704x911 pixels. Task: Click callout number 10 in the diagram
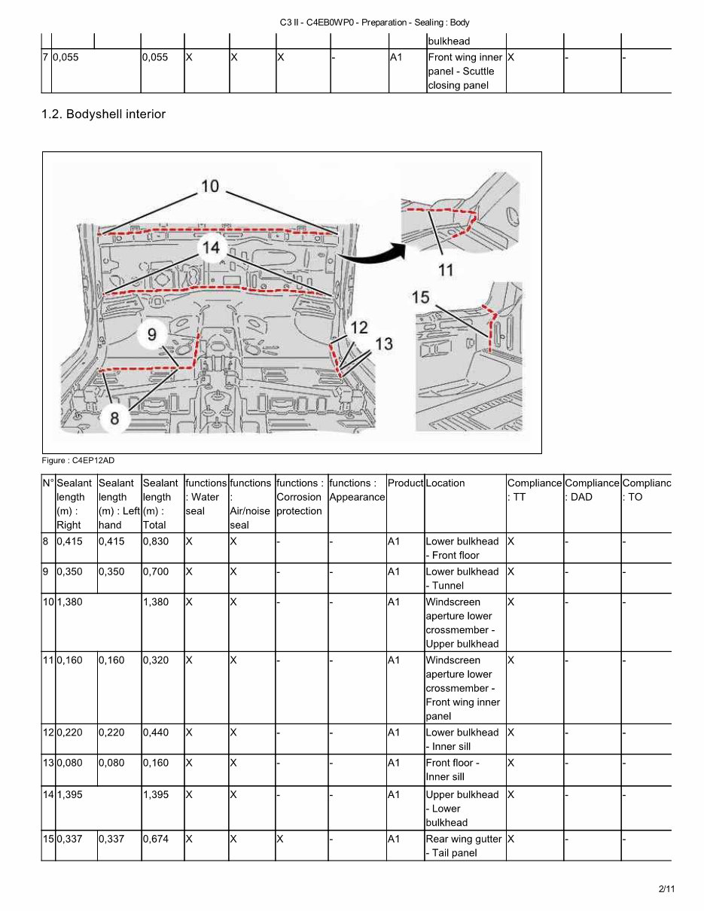(x=210, y=185)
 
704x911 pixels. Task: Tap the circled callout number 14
(x=212, y=247)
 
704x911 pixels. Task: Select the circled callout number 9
(x=152, y=334)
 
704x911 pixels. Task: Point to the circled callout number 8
(x=114, y=417)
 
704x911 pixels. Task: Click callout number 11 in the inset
(x=446, y=270)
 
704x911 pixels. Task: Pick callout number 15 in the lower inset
(x=421, y=297)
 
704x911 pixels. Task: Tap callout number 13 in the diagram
(x=383, y=343)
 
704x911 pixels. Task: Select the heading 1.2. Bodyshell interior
(x=103, y=114)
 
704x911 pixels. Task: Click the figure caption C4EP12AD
(x=78, y=460)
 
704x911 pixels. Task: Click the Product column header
(x=405, y=483)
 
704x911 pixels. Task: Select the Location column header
(x=446, y=483)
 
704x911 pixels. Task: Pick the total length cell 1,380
(x=156, y=602)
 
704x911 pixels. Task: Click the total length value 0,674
(x=156, y=839)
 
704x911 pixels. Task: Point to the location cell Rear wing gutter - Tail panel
(x=463, y=845)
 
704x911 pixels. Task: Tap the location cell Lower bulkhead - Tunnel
(x=462, y=578)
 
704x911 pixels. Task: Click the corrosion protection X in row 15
(x=280, y=839)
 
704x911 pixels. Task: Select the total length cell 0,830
(x=156, y=541)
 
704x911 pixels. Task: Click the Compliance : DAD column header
(x=592, y=490)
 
